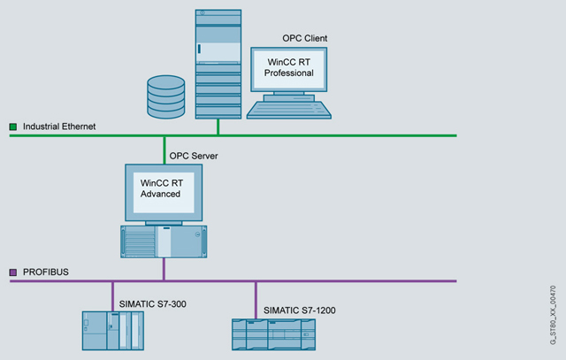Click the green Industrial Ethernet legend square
(x=13, y=127)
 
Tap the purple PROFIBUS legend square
(x=13, y=272)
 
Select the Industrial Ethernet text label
(x=59, y=127)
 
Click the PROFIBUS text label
(x=45, y=272)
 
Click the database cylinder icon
(x=165, y=96)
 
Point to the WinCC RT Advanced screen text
(x=162, y=188)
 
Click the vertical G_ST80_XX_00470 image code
(x=553, y=310)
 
